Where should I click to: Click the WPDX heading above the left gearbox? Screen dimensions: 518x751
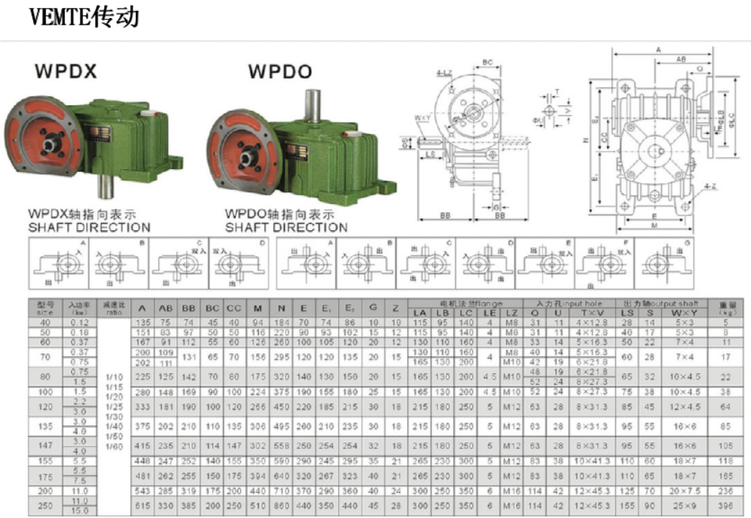[x=65, y=72]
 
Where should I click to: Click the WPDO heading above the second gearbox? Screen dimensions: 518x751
[x=280, y=72]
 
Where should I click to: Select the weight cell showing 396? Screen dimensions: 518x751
[x=726, y=506]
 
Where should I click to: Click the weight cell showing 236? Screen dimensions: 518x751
[x=726, y=491]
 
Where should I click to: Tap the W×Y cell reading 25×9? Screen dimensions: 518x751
[x=679, y=506]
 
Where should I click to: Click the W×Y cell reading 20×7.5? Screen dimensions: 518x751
[x=679, y=491]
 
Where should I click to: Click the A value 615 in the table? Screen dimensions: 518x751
[x=142, y=506]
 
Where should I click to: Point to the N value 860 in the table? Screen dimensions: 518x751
[x=281, y=506]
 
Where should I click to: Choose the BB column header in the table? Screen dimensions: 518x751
[x=189, y=308]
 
